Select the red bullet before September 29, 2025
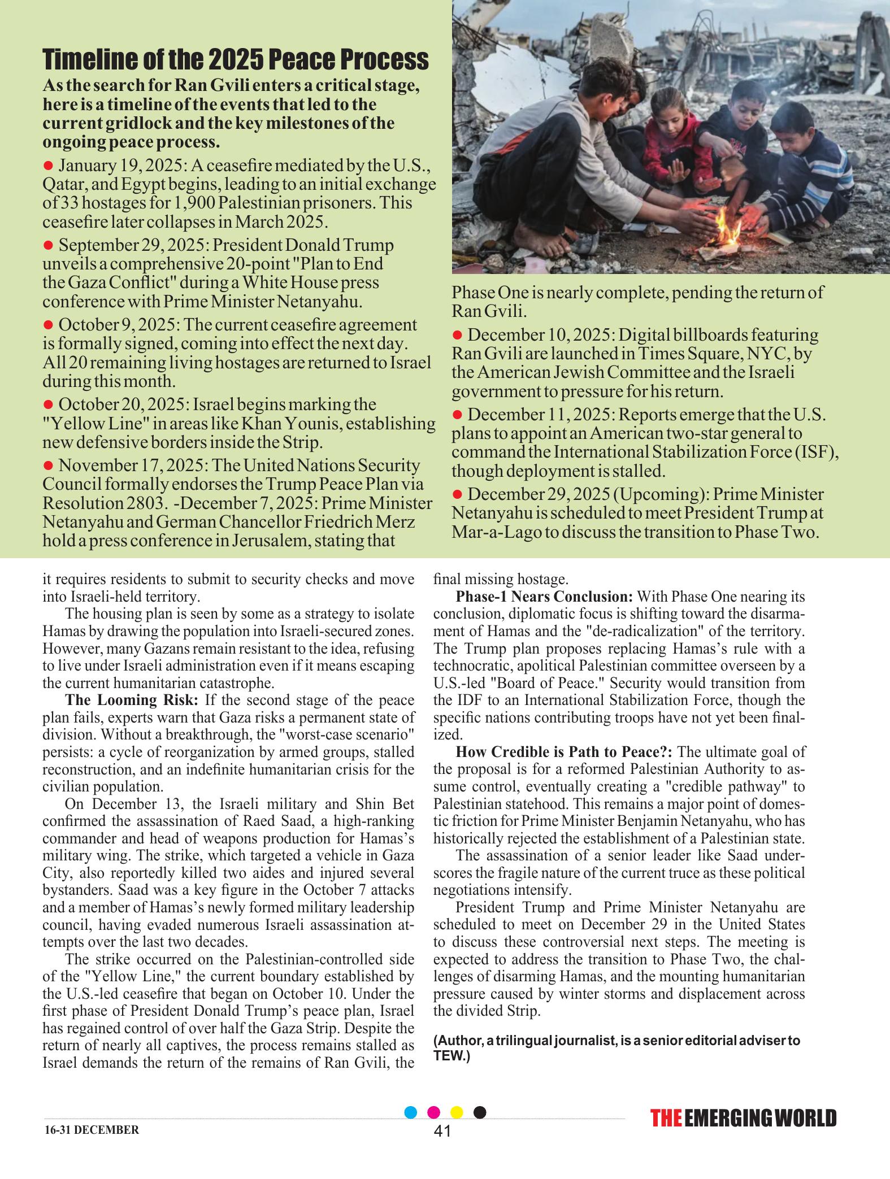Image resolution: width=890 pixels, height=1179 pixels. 48,245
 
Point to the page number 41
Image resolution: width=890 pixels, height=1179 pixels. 443,1131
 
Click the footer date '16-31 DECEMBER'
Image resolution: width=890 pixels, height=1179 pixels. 90,1130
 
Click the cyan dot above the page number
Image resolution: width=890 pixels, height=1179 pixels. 411,1112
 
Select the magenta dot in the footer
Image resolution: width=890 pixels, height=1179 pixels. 434,1112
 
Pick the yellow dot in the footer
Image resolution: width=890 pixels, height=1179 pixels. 457,1112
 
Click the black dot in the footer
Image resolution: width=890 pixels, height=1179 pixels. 480,1112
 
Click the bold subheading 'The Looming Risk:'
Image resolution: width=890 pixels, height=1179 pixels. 132,701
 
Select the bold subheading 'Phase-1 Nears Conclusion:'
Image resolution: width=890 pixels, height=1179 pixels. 545,597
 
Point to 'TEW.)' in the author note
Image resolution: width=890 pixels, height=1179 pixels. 451,1054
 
